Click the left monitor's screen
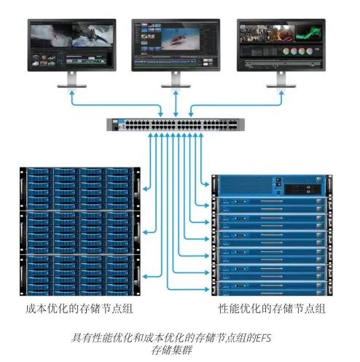[x=71, y=45]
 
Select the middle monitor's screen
[x=176, y=45]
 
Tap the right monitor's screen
[x=281, y=45]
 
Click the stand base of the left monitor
[x=72, y=86]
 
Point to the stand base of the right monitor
[x=281, y=86]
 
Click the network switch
[x=176, y=125]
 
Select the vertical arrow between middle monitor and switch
[x=176, y=103]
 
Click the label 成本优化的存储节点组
[x=79, y=309]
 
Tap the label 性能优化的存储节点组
[x=272, y=309]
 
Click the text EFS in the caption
[x=264, y=338]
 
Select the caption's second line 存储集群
[x=171, y=350]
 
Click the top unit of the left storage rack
[x=80, y=189]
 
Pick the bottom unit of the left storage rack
[x=80, y=275]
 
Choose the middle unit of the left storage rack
[x=80, y=232]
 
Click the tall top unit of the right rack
[x=272, y=186]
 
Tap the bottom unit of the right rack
[x=272, y=288]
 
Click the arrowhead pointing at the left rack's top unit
[x=145, y=189]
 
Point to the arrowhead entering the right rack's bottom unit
[x=207, y=289]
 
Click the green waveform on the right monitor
[x=308, y=33]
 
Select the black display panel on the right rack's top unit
[x=302, y=189]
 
